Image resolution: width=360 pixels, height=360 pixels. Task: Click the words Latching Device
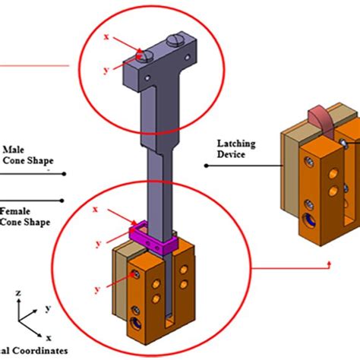(235, 149)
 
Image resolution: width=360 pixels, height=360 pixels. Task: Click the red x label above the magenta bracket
(94, 208)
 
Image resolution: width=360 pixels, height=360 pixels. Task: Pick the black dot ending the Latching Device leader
(205, 163)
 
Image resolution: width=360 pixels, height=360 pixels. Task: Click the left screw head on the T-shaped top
(148, 54)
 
